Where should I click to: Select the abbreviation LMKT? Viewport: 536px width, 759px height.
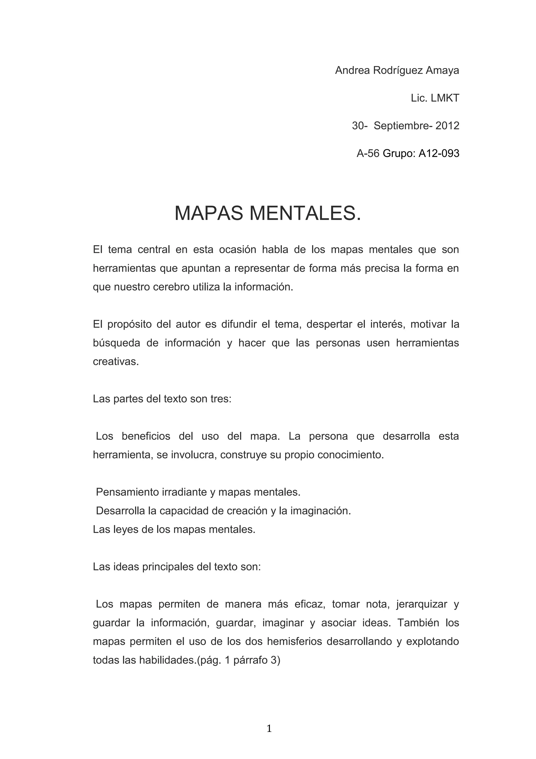445,98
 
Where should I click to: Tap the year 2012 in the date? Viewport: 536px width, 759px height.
447,126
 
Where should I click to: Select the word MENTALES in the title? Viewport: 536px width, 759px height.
305,213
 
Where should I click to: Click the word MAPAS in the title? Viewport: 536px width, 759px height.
209,213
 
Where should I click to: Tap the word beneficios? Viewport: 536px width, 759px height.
146,436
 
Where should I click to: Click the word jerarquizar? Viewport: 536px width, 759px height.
420,604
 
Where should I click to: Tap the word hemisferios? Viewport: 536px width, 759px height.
294,642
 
